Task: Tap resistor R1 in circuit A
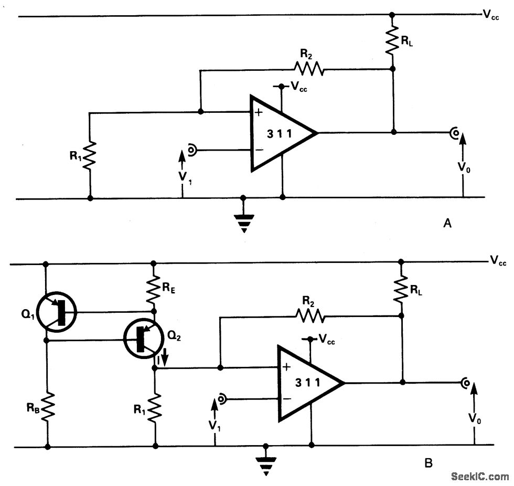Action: click(x=90, y=155)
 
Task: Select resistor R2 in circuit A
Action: click(x=309, y=69)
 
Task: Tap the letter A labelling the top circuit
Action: click(x=447, y=224)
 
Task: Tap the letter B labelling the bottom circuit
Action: click(x=429, y=463)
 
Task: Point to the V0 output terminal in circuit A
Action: click(x=453, y=133)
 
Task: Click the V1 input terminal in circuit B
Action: click(x=222, y=399)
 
